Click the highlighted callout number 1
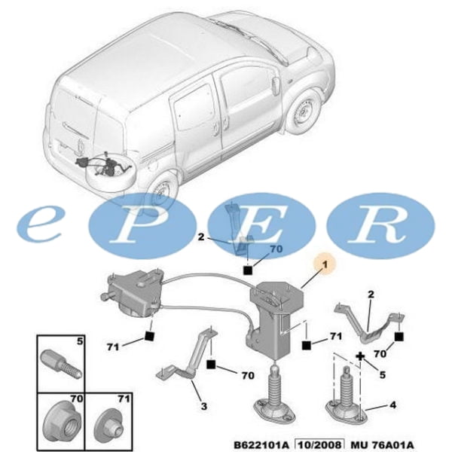tap(326, 265)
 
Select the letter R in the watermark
tap(380, 224)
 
